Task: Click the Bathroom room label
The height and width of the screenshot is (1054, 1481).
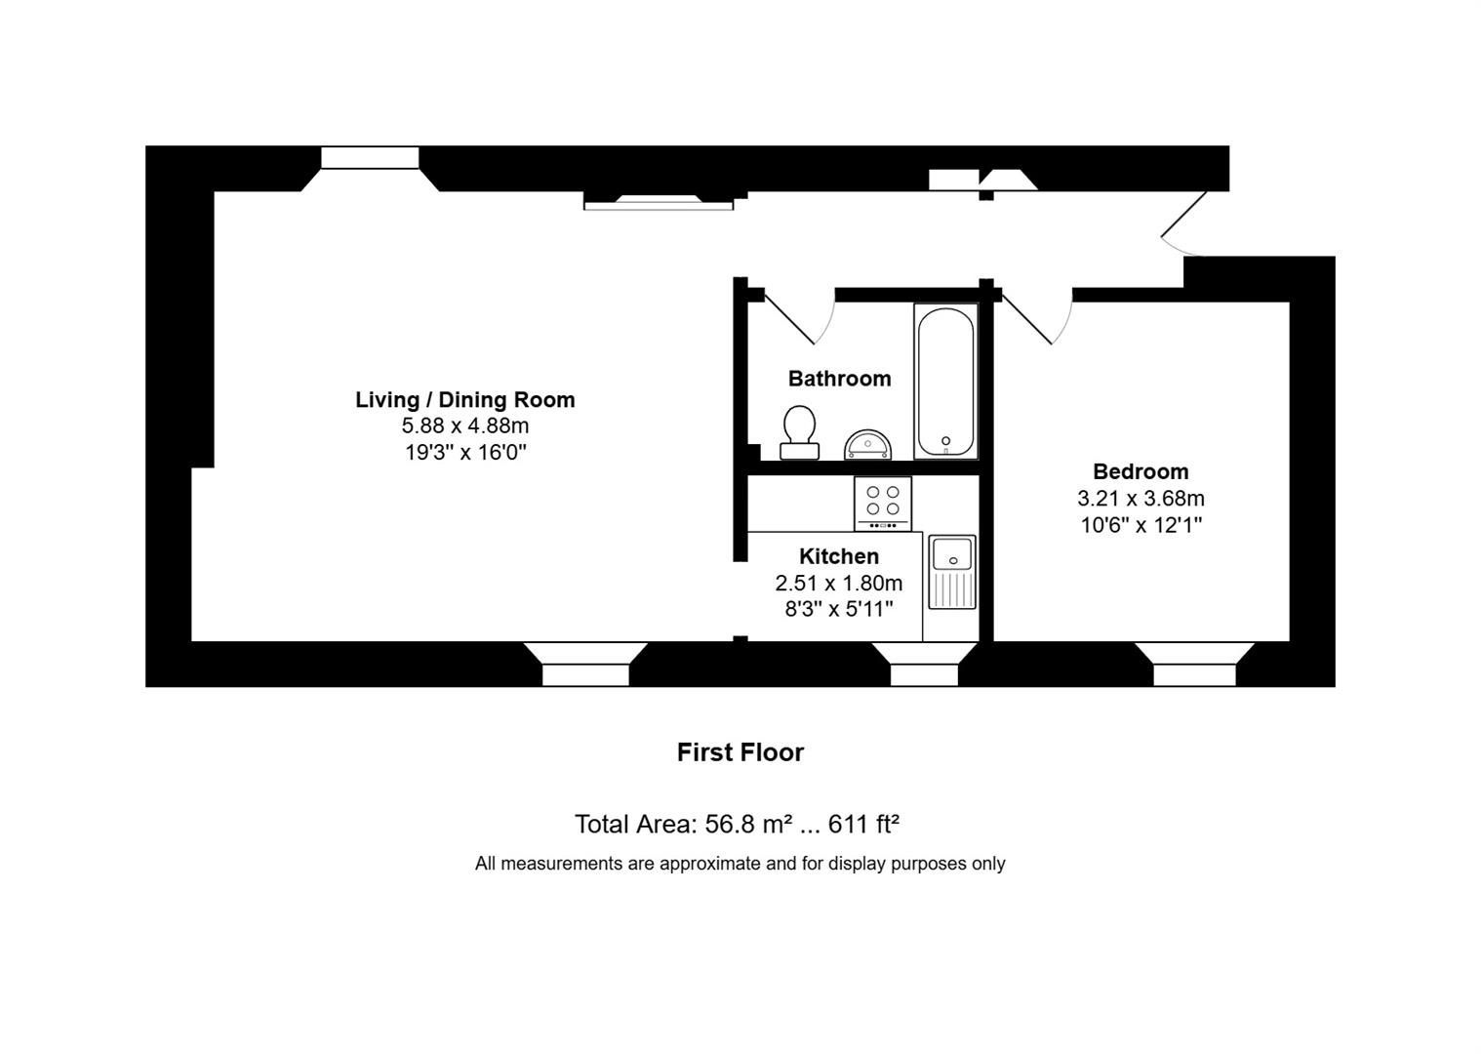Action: [839, 379]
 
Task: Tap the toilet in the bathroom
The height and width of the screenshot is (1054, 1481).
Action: [799, 432]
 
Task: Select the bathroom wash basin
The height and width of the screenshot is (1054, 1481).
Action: [867, 445]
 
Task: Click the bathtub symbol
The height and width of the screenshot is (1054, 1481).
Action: [945, 382]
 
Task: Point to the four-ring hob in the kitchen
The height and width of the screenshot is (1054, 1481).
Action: [882, 502]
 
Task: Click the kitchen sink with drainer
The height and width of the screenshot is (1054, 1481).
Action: [951, 572]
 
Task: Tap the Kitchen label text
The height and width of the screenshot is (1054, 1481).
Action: [839, 556]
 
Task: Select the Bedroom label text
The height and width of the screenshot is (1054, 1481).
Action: [1141, 472]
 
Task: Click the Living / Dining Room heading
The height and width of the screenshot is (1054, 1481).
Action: [464, 400]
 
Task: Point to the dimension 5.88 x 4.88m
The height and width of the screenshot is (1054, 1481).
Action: [464, 426]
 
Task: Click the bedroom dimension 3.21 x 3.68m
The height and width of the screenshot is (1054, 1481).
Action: [1141, 499]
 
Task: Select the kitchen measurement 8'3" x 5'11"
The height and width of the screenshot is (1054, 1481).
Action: [839, 609]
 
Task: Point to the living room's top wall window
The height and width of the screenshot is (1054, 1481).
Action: [370, 158]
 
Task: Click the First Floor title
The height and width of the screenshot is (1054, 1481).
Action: [740, 752]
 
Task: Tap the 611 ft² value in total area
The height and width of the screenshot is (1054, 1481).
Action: [863, 825]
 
